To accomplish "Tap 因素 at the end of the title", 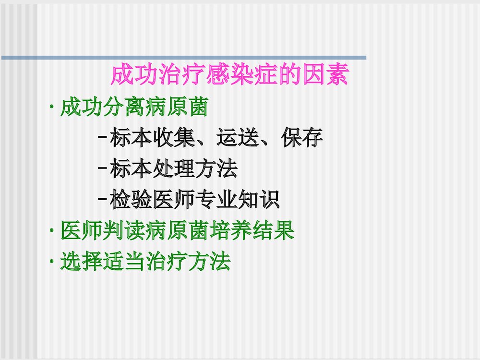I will click(x=326, y=75).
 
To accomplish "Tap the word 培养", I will click(x=240, y=231).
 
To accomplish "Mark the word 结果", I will click(x=283, y=231).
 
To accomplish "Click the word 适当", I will click(x=123, y=262).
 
